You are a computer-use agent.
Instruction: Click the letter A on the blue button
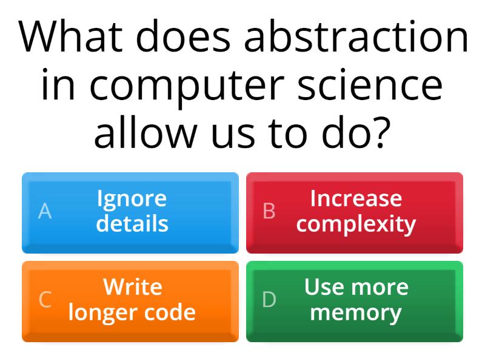[x=45, y=211]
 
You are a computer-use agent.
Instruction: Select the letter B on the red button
[x=269, y=211]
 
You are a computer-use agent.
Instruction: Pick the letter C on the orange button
[x=45, y=300]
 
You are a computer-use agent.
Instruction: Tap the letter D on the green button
[x=269, y=300]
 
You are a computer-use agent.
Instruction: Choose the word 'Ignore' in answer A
[x=132, y=199]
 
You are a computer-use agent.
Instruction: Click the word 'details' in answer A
[x=132, y=223]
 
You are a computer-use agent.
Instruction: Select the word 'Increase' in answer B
[x=356, y=198]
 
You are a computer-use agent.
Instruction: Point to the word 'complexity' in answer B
[x=356, y=224]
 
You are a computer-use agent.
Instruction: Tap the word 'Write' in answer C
[x=132, y=286]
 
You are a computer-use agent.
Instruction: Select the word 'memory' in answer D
[x=356, y=313]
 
